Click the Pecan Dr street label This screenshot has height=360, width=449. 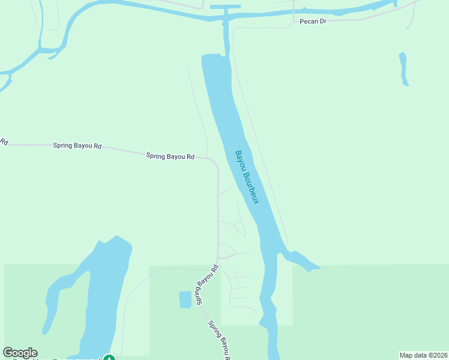coord(314,21)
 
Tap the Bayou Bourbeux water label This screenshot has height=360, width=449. coord(247,176)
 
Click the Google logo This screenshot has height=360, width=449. coord(20,353)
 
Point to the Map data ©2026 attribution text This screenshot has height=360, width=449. coord(423,355)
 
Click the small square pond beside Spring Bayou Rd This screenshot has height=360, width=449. coord(185,299)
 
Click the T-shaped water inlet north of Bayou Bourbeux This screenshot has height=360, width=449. coord(225,7)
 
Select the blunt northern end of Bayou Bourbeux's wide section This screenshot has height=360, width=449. coord(212,58)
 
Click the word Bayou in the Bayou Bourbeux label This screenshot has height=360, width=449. coord(241,160)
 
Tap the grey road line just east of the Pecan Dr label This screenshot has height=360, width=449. coord(348,20)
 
